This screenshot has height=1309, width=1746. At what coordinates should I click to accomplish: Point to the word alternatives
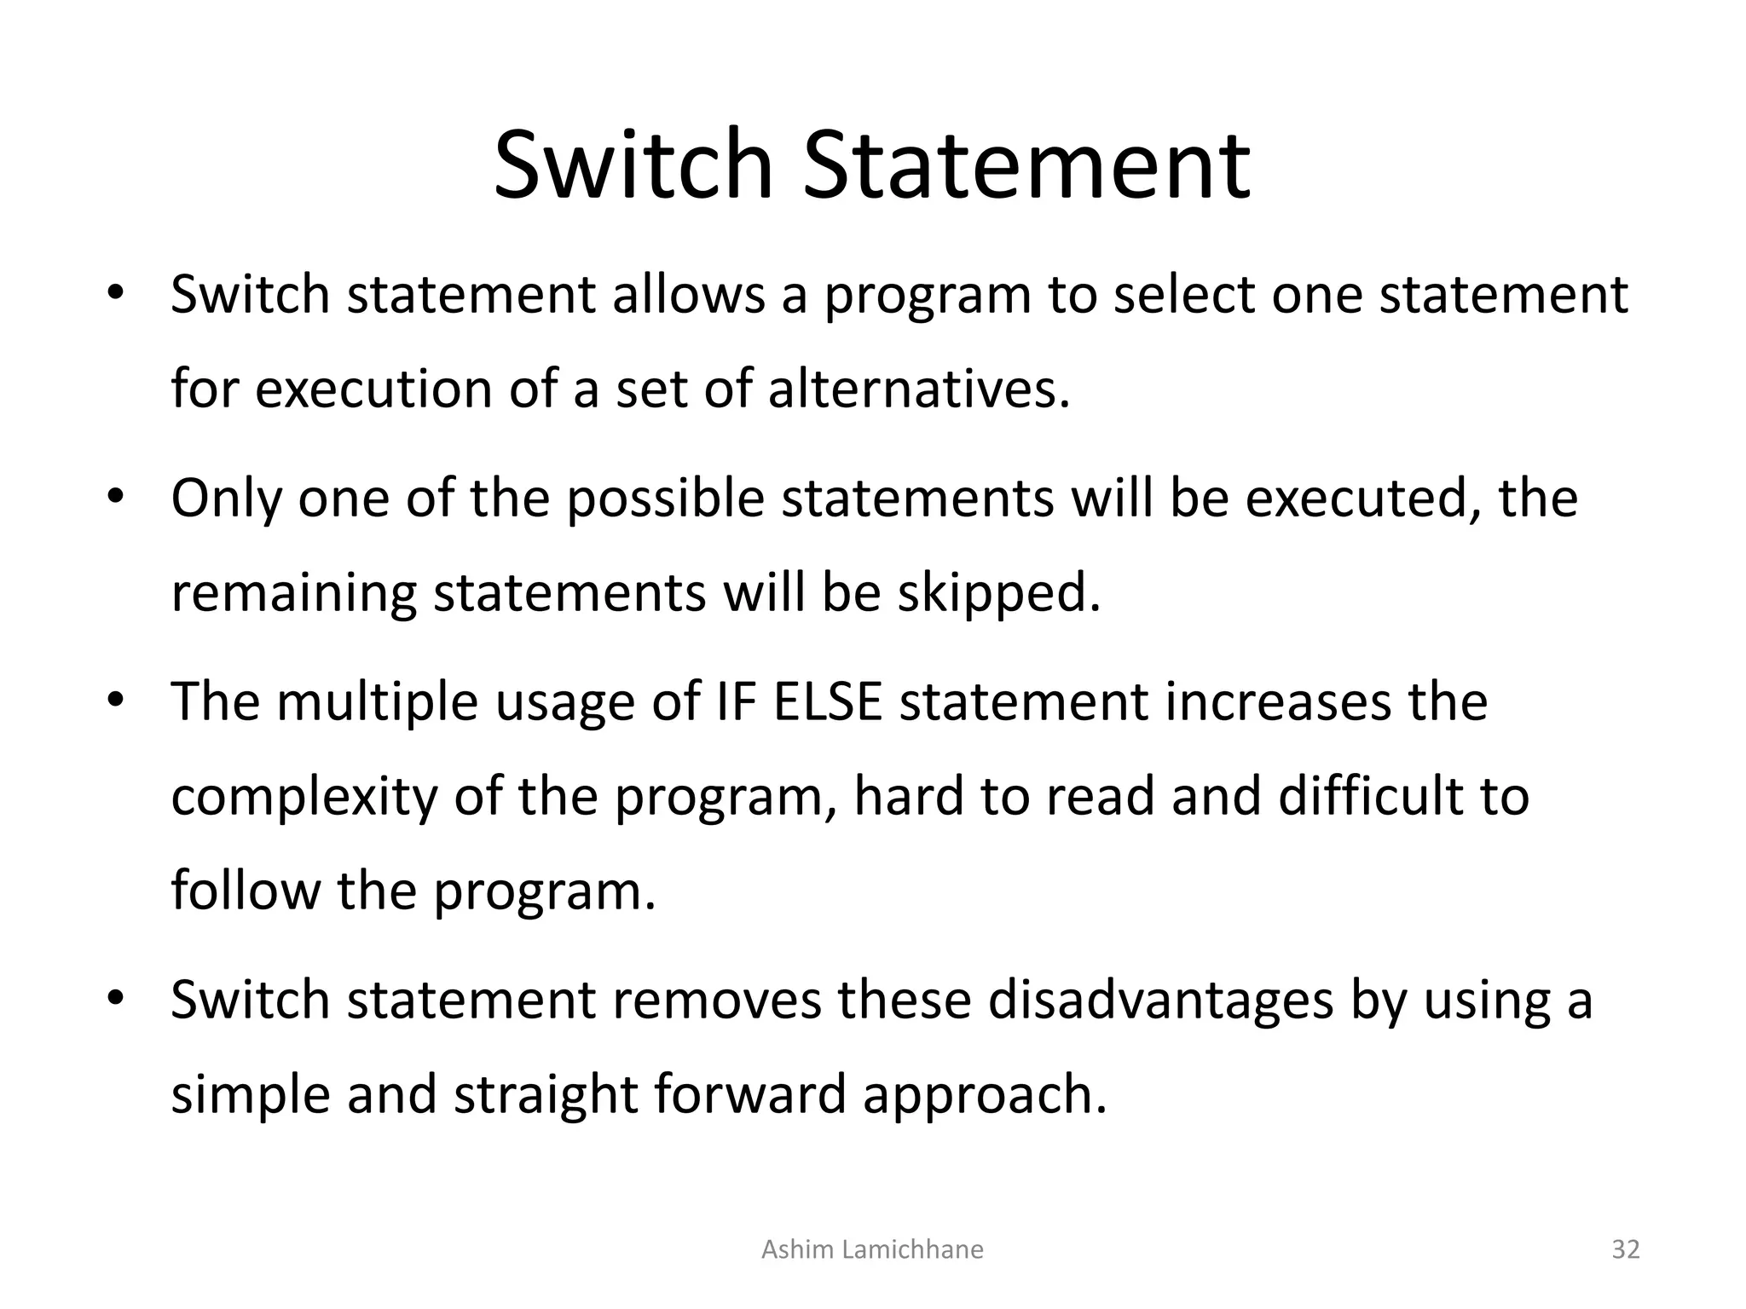[918, 389]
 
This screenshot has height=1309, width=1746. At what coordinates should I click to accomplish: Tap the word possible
[666, 499]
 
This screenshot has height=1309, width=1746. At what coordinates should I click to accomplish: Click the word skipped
[998, 593]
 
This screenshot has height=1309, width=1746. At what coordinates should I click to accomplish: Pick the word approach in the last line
[984, 1095]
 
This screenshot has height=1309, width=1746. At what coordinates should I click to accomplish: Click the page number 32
[1626, 1250]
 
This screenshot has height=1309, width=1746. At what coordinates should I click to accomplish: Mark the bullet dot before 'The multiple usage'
[116, 701]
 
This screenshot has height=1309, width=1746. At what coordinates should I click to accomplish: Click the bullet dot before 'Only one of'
[116, 497]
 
